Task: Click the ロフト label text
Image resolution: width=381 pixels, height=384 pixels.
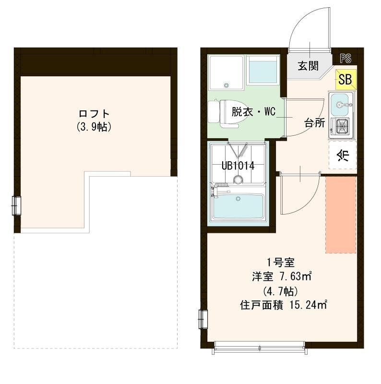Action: click(x=94, y=114)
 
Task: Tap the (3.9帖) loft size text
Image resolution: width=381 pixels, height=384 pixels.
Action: click(x=94, y=127)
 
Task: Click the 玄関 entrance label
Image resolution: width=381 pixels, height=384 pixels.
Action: click(x=308, y=66)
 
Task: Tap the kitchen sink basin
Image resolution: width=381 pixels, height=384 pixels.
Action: click(x=340, y=102)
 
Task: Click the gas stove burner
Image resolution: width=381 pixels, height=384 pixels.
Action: click(x=341, y=126)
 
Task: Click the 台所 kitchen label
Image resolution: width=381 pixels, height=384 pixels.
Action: click(x=314, y=122)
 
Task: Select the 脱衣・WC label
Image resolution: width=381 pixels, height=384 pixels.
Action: click(x=253, y=112)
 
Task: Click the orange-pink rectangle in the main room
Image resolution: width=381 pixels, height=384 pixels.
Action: click(x=341, y=215)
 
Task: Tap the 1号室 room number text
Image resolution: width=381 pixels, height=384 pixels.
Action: click(x=277, y=262)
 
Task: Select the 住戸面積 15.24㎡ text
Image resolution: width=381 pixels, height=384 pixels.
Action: click(x=283, y=304)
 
